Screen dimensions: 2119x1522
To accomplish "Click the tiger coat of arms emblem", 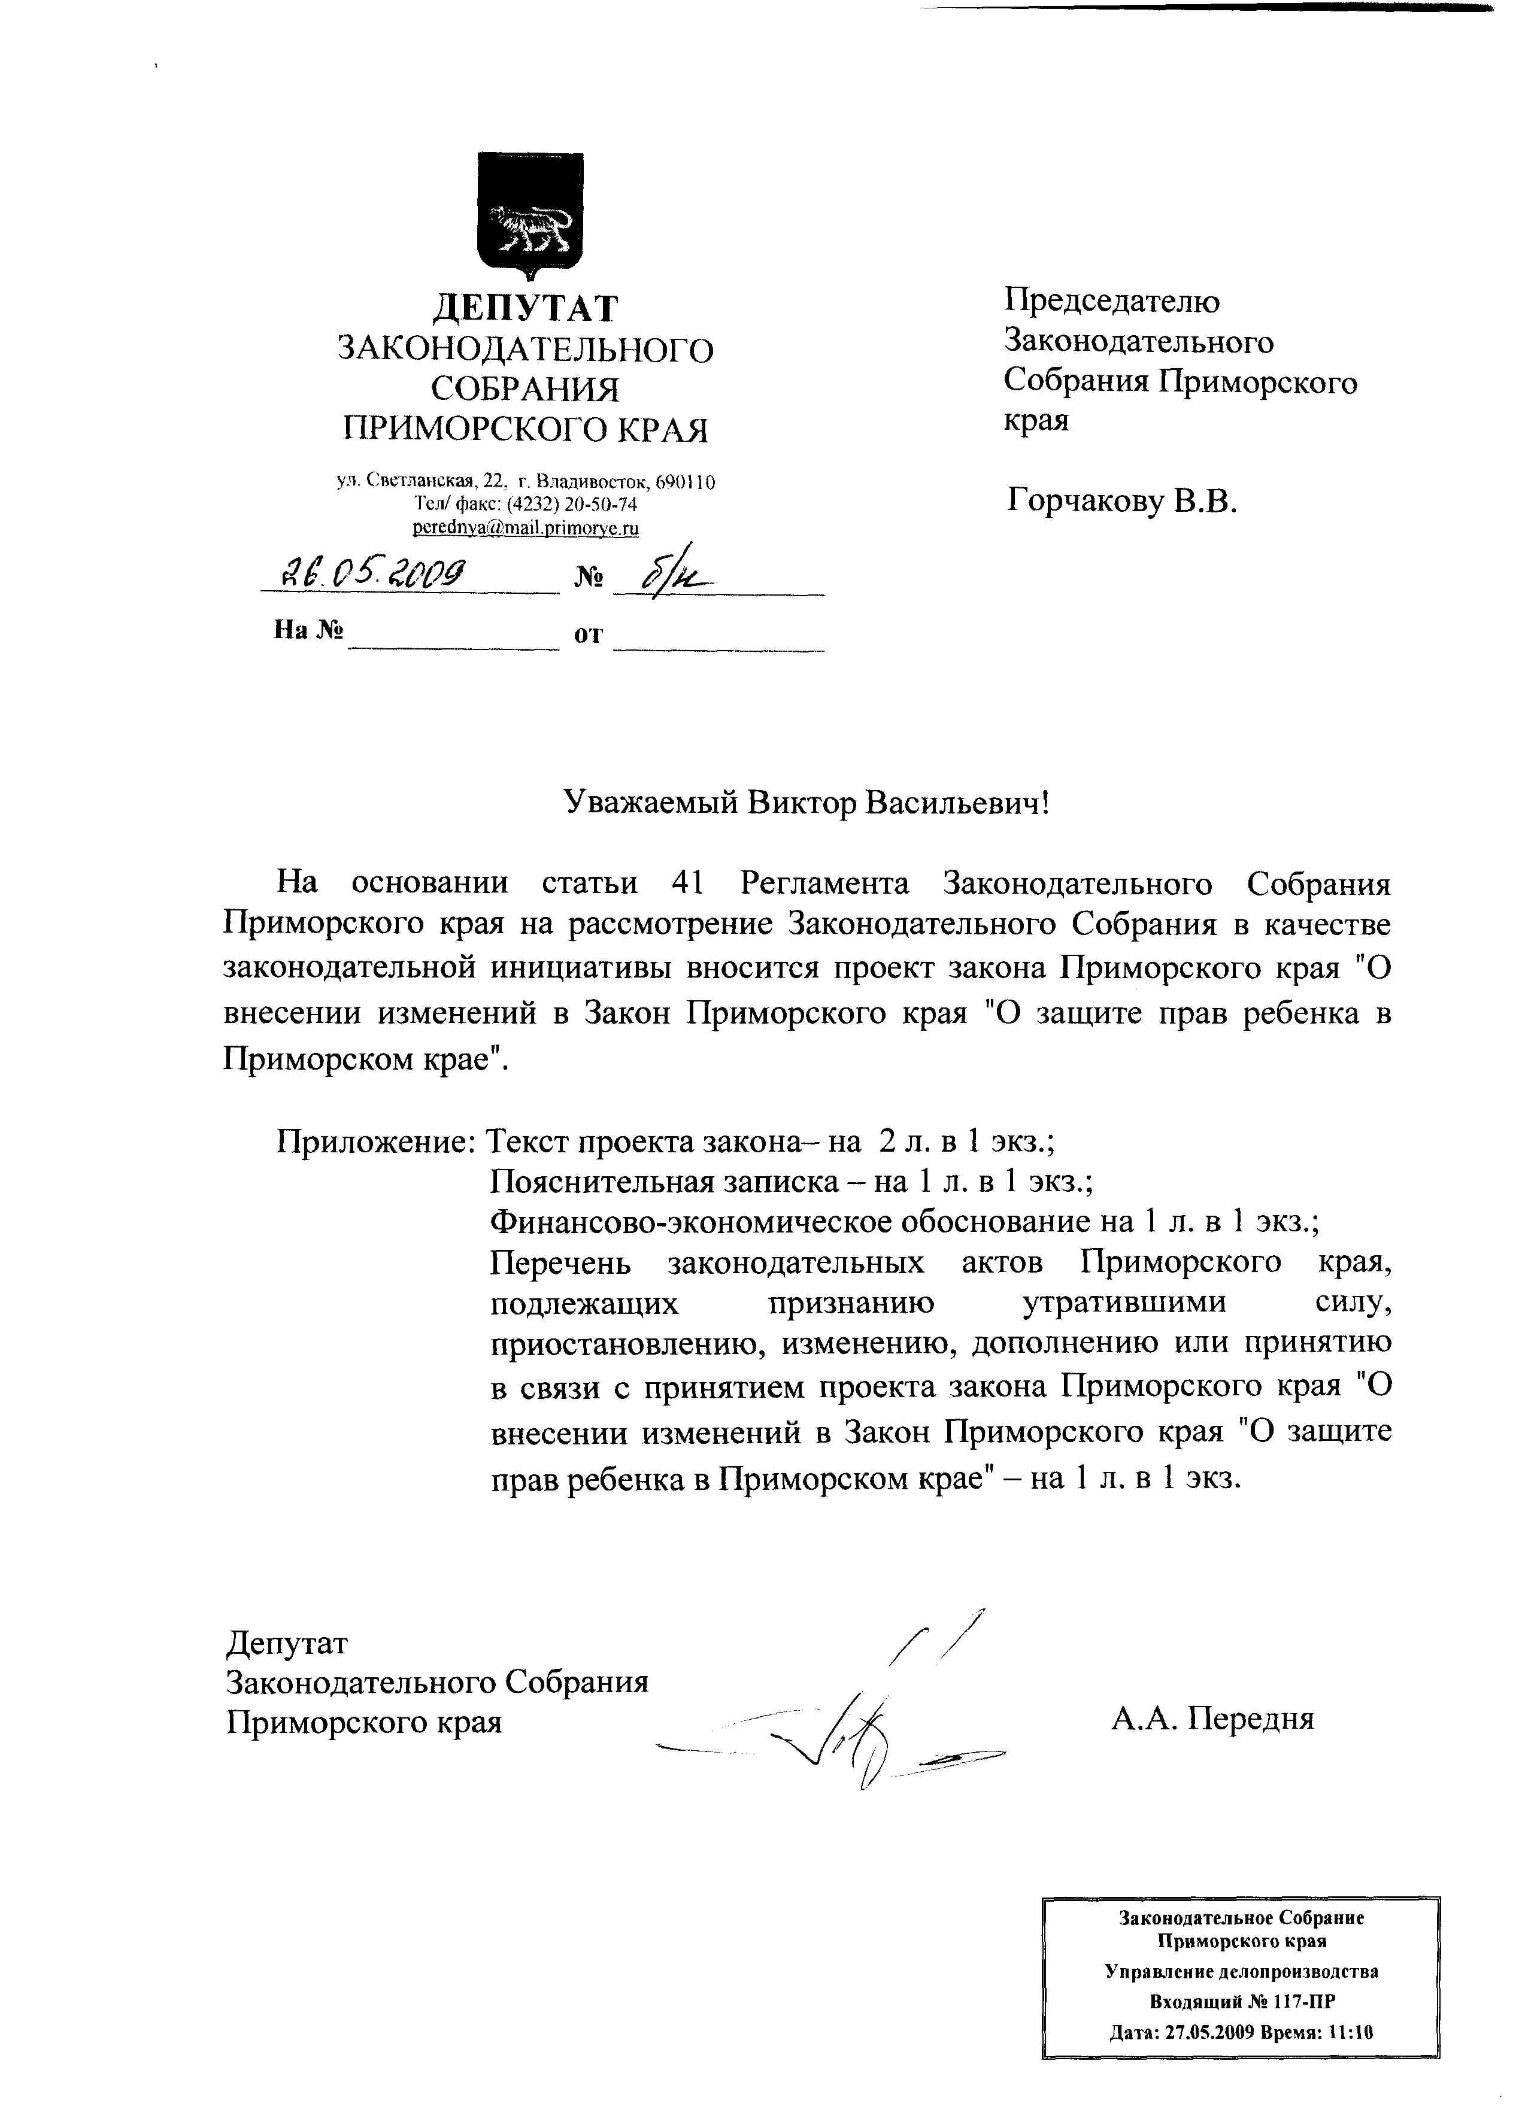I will pyautogui.click(x=530, y=213).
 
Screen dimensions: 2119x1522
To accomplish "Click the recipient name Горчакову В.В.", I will pyautogui.click(x=1121, y=503).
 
